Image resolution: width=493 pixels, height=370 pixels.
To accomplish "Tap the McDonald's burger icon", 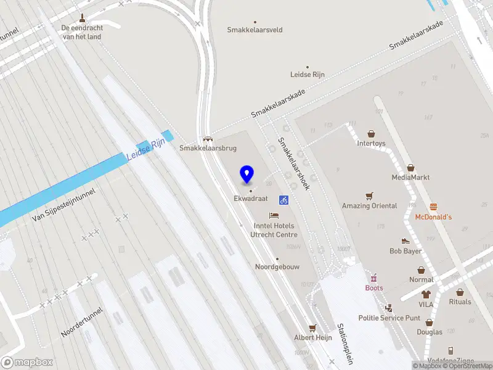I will (x=433, y=207).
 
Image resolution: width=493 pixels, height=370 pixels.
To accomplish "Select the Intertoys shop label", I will (x=371, y=144).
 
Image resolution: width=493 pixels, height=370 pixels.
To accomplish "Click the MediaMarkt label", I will (x=410, y=178).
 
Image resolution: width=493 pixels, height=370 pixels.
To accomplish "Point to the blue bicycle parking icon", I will (x=284, y=200).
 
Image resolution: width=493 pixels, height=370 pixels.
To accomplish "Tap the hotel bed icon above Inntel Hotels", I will (x=274, y=215).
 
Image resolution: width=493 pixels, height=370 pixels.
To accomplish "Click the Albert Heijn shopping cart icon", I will (x=312, y=328).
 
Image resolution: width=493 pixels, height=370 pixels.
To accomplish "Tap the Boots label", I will (x=374, y=288).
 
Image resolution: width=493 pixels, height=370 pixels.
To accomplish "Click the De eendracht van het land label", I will (x=81, y=32).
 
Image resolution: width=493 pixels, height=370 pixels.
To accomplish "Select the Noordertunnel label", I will (x=82, y=323).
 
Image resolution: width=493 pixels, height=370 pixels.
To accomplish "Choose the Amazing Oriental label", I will (x=370, y=206).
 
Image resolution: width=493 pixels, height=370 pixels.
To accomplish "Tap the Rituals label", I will (x=460, y=302).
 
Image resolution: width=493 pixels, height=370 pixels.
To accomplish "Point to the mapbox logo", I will (x=27, y=363).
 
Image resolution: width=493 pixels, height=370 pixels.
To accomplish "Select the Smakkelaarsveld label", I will (x=255, y=30).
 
